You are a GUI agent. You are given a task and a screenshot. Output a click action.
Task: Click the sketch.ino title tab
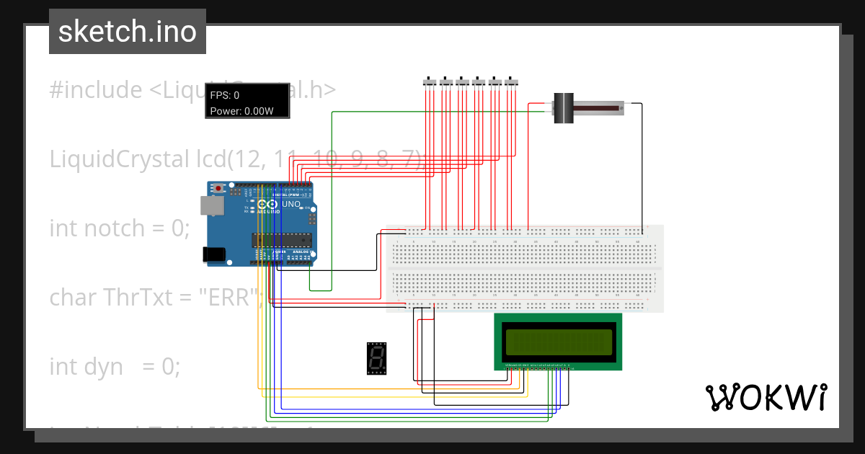[127, 32]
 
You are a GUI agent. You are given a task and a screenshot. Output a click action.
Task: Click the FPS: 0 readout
[225, 95]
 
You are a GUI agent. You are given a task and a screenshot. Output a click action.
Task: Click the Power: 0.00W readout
[241, 111]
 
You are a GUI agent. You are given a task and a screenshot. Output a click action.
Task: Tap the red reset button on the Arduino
[218, 189]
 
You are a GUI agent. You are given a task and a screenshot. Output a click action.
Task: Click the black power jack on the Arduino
[214, 254]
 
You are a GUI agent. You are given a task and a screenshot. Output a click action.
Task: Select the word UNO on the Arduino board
[290, 204]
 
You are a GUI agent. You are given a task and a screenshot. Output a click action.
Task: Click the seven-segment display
[376, 358]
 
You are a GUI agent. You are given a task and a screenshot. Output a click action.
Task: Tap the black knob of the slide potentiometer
[563, 108]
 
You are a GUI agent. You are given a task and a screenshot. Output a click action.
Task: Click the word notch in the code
[114, 228]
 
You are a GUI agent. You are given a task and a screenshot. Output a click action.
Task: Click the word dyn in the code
[104, 366]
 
